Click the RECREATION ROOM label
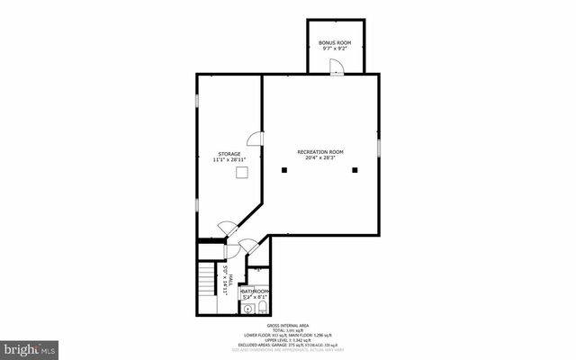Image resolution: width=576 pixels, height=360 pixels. (320, 152)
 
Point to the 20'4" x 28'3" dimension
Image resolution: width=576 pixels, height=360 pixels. (320, 159)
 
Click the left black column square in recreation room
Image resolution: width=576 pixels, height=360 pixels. (283, 169)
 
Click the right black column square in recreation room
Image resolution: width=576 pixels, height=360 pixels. (355, 169)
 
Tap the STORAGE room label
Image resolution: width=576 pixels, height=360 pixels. (229, 154)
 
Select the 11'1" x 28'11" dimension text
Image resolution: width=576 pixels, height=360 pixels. (229, 160)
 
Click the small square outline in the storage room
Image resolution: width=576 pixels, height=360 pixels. (241, 172)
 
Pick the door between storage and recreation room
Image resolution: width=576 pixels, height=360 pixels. (256, 140)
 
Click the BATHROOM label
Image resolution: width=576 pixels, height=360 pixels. (255, 292)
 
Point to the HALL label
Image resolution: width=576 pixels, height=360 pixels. (231, 279)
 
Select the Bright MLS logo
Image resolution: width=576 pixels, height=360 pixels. (30, 346)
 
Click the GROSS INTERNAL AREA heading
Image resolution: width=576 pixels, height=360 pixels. (288, 326)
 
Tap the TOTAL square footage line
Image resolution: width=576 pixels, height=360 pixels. (288, 331)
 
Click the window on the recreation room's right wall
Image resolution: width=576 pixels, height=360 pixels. (379, 146)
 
